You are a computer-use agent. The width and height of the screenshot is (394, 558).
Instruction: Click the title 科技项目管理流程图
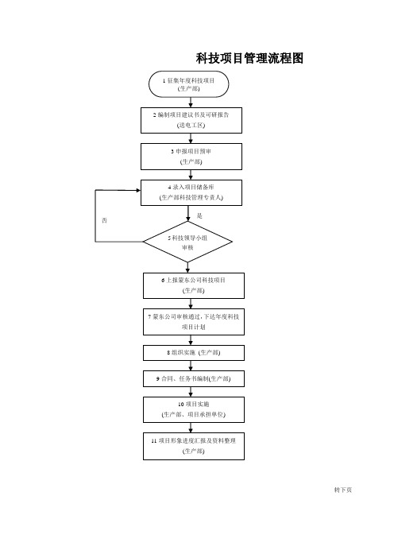coord(249,58)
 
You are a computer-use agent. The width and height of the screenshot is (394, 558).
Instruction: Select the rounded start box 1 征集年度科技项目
coord(188,84)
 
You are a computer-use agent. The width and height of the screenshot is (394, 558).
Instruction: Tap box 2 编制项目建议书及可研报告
coord(191,120)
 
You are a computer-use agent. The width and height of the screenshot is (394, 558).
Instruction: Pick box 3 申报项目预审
coord(191,157)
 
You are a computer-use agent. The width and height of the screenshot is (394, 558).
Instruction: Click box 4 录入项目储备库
coord(191,192)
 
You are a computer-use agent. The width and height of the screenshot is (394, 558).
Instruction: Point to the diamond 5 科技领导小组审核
coord(187,242)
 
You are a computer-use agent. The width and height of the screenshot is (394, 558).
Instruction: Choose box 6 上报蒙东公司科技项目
coord(194,285)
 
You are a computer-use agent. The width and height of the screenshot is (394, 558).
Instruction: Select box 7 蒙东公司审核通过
coord(194,322)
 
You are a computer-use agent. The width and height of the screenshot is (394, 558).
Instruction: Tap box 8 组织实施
coord(194,353)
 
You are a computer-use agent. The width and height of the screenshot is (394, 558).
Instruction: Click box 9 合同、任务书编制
coord(194,378)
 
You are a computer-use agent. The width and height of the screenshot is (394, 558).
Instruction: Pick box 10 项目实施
coord(194,409)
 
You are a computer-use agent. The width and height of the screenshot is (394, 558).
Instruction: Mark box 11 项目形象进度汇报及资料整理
coord(194,446)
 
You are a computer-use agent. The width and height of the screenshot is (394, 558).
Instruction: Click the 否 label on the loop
coord(104,221)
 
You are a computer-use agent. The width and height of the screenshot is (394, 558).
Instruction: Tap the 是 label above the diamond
coord(199,215)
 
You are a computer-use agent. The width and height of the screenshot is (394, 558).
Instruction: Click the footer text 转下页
coord(343,490)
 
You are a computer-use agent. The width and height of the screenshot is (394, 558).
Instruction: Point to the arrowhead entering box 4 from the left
coord(138,190)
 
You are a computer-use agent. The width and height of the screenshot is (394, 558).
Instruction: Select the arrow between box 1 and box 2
coord(191,102)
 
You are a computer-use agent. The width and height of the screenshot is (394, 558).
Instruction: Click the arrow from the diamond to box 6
coord(187,268)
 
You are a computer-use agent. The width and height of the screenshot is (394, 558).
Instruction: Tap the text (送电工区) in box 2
coord(191,126)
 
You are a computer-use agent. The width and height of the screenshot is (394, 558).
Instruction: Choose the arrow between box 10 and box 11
coord(191,428)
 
